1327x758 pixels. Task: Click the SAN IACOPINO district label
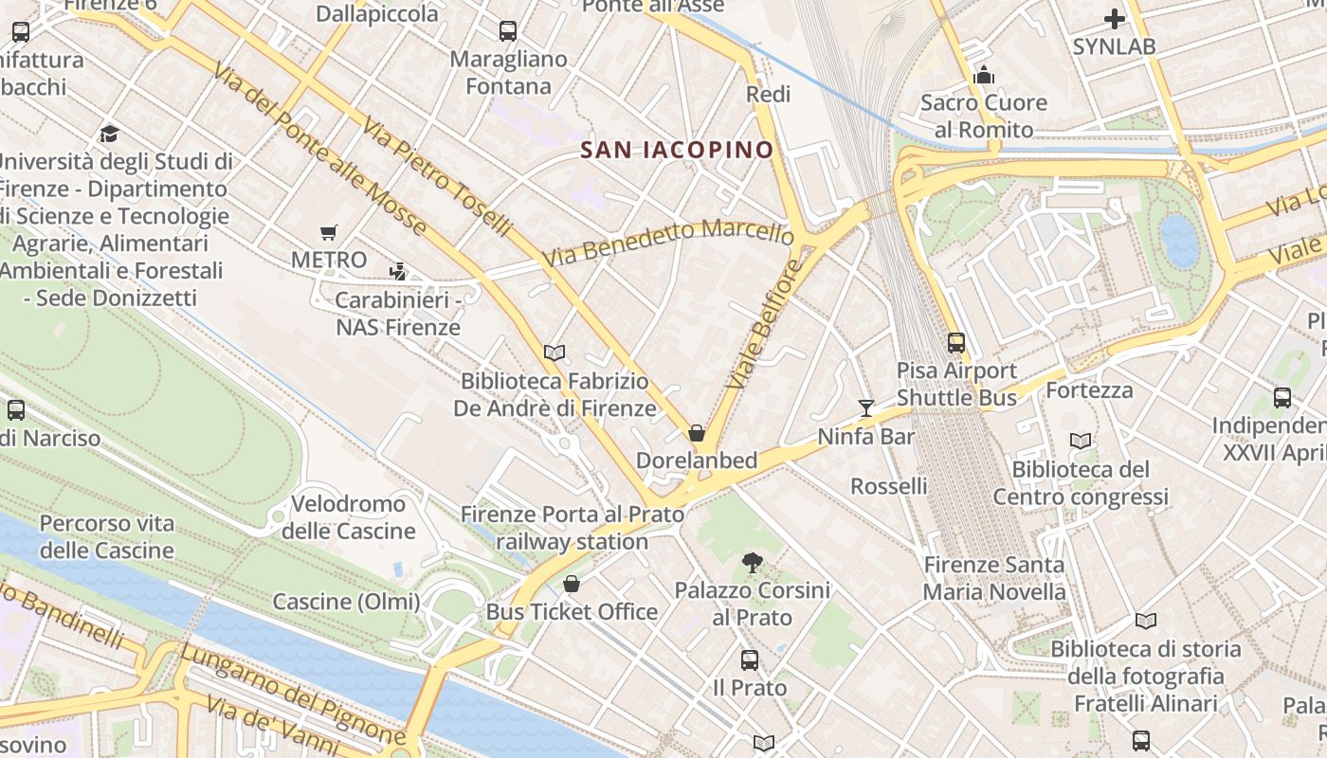coord(677,150)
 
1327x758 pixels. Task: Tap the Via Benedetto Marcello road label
coord(667,242)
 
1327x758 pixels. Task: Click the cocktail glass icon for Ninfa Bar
coord(865,408)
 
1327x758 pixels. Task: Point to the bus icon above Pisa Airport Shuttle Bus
coord(956,343)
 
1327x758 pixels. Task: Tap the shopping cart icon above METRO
coord(329,232)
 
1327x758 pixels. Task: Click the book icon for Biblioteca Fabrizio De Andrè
coord(554,352)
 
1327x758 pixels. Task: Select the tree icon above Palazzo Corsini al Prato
coord(753,563)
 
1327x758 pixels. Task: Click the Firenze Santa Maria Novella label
coord(994,579)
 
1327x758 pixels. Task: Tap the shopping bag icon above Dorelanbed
coord(697,433)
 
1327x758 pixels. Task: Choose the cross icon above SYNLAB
coord(1115,19)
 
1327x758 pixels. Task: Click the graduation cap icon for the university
coord(109,134)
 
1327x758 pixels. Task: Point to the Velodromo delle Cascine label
coord(348,517)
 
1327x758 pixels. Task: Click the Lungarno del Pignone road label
coord(292,693)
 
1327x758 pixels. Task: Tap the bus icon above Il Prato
coord(749,659)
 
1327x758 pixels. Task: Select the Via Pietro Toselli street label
coord(436,178)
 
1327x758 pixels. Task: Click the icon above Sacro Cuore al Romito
coord(984,74)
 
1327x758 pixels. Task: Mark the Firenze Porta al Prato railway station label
coord(572,528)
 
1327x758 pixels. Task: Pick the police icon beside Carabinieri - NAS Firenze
coord(398,272)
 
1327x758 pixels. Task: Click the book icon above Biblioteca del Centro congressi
coord(1080,441)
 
